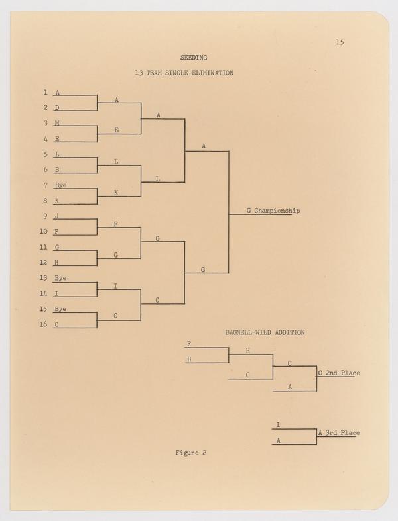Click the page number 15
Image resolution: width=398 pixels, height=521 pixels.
click(339, 42)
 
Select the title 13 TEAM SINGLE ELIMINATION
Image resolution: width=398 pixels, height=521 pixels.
click(183, 73)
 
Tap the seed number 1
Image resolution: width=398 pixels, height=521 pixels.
click(45, 92)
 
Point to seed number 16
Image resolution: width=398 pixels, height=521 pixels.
click(43, 324)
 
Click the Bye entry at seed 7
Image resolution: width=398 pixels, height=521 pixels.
click(60, 185)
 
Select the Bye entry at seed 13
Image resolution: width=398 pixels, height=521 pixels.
click(60, 277)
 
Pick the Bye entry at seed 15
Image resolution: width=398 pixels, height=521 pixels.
click(60, 308)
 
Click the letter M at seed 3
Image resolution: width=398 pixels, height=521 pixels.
click(57, 123)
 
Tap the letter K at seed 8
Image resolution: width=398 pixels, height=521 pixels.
click(57, 200)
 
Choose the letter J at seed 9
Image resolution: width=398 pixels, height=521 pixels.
click(57, 216)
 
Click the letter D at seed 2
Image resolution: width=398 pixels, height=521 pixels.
click(57, 107)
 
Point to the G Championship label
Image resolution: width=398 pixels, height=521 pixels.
click(273, 211)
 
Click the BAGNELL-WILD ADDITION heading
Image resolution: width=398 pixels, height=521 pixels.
click(265, 332)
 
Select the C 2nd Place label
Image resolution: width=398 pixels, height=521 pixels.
click(339, 373)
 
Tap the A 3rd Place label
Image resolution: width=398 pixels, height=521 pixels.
click(339, 433)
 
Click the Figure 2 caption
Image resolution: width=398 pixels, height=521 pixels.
click(191, 453)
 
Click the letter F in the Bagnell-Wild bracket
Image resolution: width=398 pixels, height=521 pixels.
click(189, 344)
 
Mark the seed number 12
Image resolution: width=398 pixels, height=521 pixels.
click(43, 262)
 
